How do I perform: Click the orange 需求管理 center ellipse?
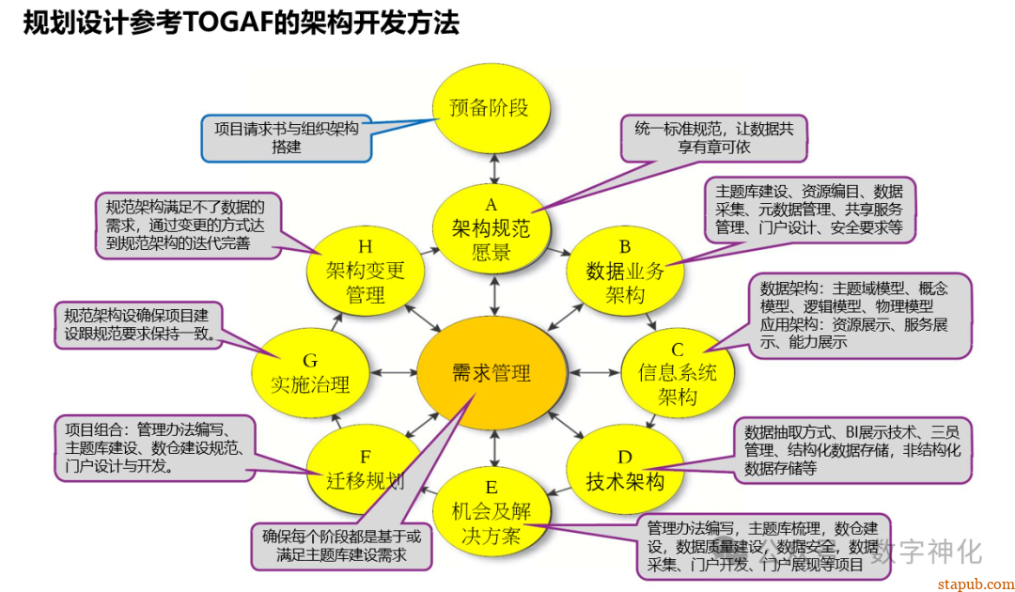click(492, 373)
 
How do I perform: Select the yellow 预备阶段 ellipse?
click(489, 106)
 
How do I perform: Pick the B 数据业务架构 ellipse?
click(624, 271)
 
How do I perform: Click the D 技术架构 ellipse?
click(624, 470)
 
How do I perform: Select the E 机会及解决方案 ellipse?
click(491, 512)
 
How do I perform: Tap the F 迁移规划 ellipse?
click(365, 470)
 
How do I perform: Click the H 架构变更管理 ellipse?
click(365, 271)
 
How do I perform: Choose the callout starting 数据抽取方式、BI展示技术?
click(851, 449)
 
